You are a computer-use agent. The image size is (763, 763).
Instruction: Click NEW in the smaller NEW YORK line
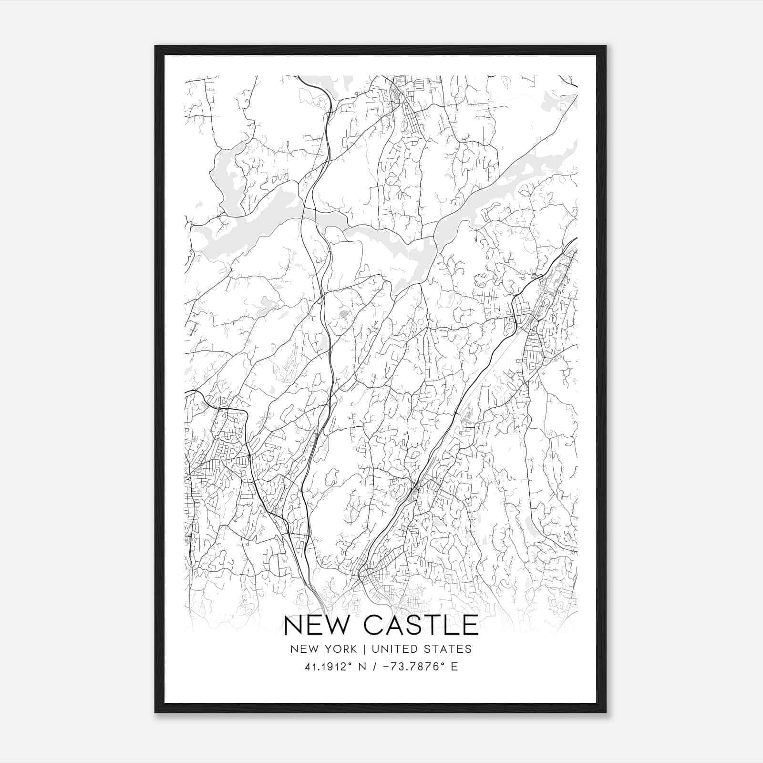click(303, 649)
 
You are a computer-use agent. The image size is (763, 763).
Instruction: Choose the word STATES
click(448, 649)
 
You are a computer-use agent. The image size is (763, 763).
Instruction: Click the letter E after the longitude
click(454, 667)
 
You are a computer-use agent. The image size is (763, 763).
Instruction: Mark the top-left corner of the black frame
click(155, 46)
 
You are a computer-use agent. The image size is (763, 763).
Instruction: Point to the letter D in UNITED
click(414, 649)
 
